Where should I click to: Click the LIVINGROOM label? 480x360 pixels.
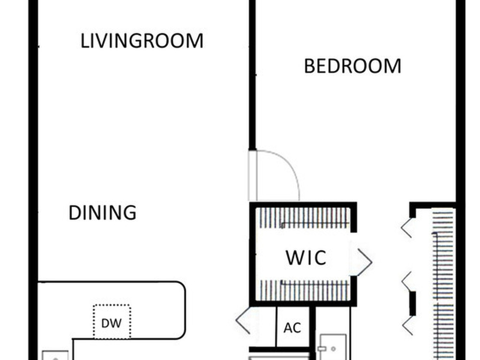[142, 41]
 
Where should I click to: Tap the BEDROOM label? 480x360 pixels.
[352, 66]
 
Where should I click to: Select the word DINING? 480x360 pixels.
[103, 213]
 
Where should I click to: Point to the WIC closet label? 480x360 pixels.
[306, 257]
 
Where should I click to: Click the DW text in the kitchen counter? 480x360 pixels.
[112, 323]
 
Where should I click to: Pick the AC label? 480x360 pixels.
[292, 328]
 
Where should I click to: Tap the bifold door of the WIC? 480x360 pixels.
[365, 262]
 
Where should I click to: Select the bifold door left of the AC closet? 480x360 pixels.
[243, 320]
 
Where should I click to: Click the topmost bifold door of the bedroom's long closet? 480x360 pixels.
[406, 227]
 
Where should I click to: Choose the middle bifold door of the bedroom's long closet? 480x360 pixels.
[406, 282]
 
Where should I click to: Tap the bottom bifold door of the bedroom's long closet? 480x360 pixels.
[407, 325]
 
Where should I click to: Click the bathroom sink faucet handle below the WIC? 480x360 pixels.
[321, 348]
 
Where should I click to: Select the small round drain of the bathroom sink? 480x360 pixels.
[333, 349]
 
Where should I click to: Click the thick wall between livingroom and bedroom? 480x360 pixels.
[252, 75]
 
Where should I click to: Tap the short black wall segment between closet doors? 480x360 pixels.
[413, 303]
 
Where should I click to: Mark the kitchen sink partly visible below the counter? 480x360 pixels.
[55, 355]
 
